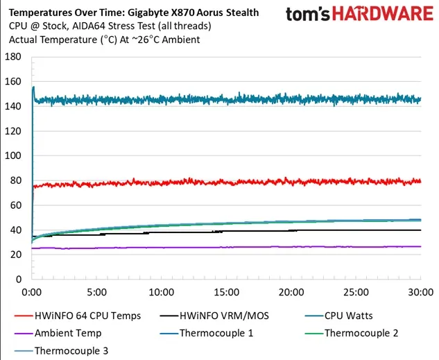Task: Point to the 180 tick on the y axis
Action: pos(14,57)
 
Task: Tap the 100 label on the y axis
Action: pos(14,155)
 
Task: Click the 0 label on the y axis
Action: pos(19,280)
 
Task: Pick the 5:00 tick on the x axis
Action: pos(97,293)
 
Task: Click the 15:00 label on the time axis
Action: pos(226,293)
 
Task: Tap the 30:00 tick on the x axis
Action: pos(420,293)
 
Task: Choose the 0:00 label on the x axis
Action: pos(33,293)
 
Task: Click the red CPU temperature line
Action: pos(208,182)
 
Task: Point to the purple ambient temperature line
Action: pos(208,247)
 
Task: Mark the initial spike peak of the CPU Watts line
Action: pos(33,87)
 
